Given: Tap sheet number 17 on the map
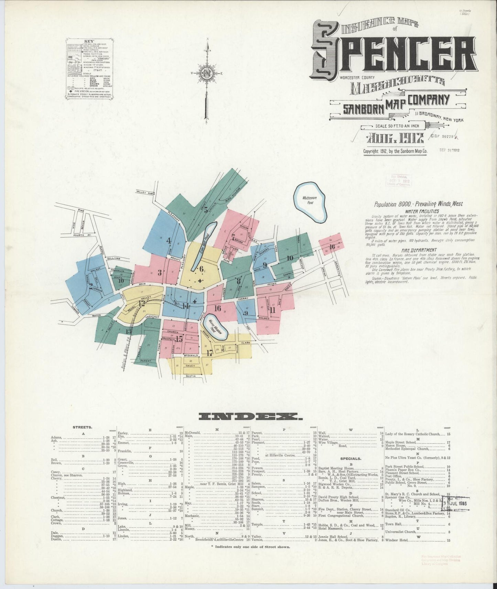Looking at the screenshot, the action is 210,353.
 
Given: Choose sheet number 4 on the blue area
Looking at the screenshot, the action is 169,241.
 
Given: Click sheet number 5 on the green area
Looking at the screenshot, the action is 206,210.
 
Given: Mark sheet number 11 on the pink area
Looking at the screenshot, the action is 273,310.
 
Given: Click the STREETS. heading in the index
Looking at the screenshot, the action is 82,427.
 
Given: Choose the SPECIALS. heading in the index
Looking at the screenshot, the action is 350,458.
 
